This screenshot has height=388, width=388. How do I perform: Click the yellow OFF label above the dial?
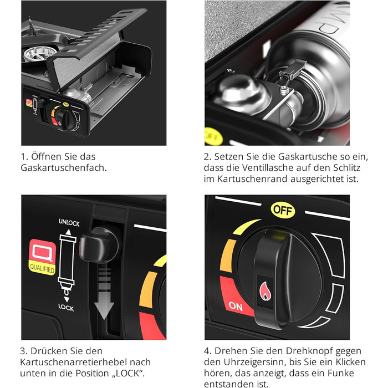tap(283, 210)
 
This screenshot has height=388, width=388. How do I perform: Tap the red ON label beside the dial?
tap(236, 307)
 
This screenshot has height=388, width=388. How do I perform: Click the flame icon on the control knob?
tap(266, 291)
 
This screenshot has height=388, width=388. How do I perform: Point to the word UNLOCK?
tap(69, 222)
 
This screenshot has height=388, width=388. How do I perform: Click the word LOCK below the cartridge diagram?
tap(66, 308)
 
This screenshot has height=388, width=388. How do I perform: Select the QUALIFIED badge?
tap(42, 257)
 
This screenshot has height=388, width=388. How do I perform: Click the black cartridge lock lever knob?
tap(99, 245)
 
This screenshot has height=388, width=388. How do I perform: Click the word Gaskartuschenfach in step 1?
tap(64, 168)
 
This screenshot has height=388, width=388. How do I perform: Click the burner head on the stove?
tap(37, 54)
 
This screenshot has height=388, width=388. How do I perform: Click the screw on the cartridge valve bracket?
tap(284, 89)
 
